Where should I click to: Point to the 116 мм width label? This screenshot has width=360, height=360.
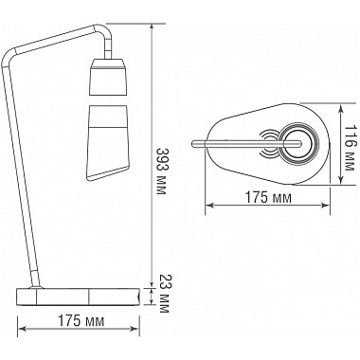(350, 142)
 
